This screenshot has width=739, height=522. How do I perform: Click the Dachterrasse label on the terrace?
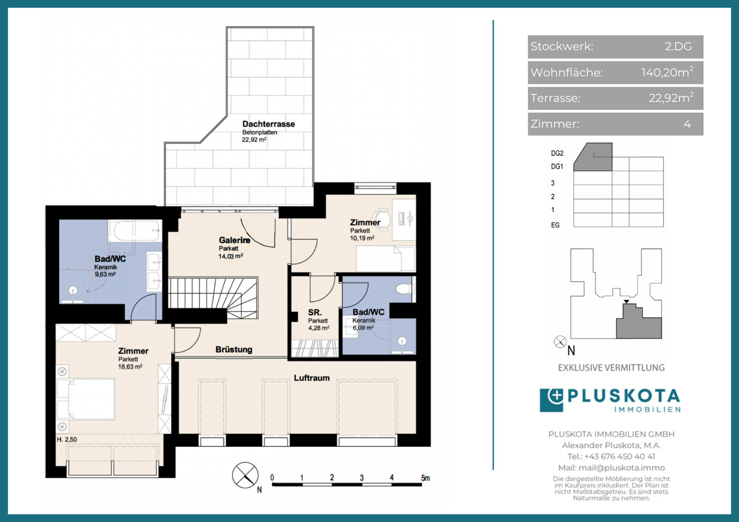(x=269, y=124)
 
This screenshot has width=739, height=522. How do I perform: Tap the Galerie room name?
(x=235, y=240)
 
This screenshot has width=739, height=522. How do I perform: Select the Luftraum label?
(x=312, y=378)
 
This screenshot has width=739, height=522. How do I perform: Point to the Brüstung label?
(x=234, y=350)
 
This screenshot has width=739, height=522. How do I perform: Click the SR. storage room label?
(x=315, y=312)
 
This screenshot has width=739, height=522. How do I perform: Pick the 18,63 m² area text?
(x=130, y=367)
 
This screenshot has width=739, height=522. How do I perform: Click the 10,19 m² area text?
(x=362, y=238)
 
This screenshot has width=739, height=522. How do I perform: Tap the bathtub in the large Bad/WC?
(x=134, y=231)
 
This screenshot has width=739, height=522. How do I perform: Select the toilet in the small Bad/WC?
(x=405, y=289)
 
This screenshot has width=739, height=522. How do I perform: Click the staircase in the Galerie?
(x=213, y=298)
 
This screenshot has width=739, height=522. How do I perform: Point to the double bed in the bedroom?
(x=86, y=399)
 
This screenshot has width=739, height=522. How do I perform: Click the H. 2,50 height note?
(x=67, y=440)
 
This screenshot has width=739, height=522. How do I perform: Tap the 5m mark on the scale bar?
(x=426, y=478)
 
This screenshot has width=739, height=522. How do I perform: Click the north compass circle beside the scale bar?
(x=245, y=475)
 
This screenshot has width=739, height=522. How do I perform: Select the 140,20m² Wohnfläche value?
(x=667, y=72)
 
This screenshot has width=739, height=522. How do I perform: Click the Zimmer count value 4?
(x=687, y=124)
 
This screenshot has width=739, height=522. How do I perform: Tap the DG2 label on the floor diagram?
(x=557, y=153)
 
